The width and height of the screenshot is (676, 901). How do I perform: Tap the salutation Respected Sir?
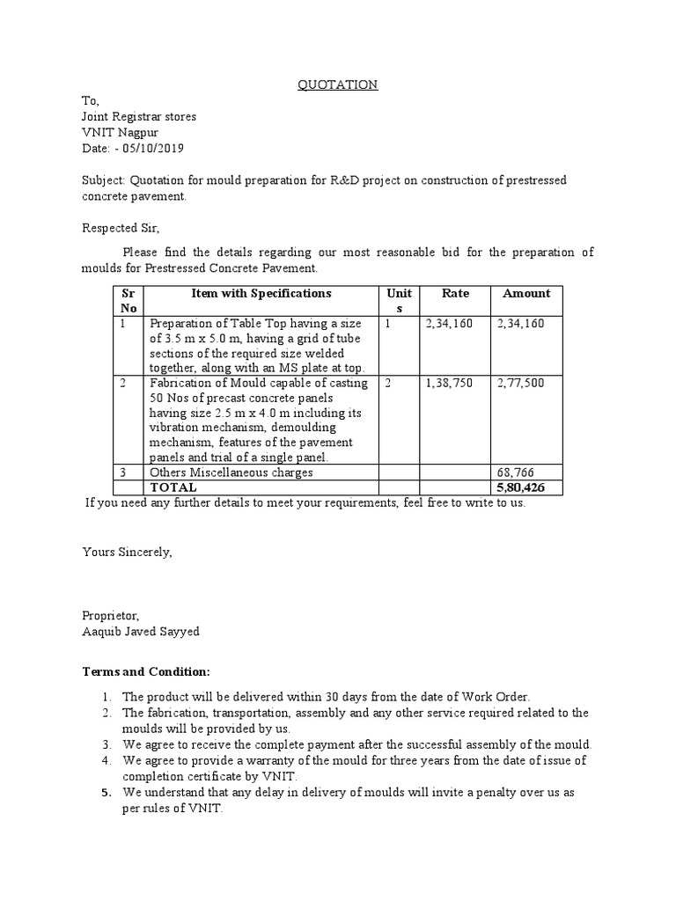click(120, 228)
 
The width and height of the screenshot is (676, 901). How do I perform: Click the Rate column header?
click(455, 293)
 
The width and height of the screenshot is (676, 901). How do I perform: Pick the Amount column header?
click(525, 293)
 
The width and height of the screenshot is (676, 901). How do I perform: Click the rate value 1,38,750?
click(449, 383)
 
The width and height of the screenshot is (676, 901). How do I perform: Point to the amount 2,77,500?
click(520, 383)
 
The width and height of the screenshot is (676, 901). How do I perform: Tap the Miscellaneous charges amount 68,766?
click(515, 472)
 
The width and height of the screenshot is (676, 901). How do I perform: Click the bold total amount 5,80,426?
click(522, 487)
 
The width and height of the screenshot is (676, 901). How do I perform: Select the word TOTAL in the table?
click(174, 487)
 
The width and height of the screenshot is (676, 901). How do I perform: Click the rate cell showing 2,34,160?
click(449, 323)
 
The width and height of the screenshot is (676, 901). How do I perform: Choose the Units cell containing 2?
click(389, 383)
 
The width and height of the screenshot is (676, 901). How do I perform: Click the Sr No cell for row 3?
click(122, 472)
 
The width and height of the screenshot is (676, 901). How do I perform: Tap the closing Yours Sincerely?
click(128, 552)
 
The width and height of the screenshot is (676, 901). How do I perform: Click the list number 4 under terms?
click(106, 759)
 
